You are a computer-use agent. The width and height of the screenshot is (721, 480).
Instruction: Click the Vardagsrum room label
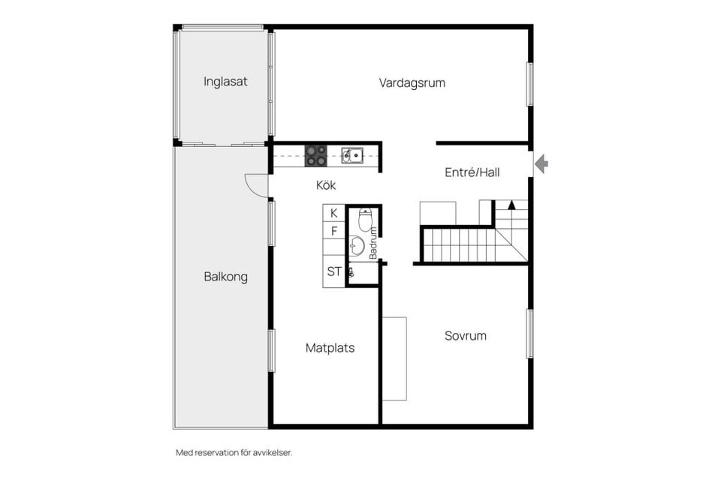(412, 82)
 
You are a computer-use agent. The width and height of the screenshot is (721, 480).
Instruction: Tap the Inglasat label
(225, 81)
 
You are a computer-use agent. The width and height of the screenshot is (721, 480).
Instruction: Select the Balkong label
(225, 277)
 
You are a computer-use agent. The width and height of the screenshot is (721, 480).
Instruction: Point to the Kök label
(325, 184)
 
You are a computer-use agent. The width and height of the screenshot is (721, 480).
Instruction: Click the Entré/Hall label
(472, 172)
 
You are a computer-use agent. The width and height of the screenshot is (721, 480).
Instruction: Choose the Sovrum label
(465, 335)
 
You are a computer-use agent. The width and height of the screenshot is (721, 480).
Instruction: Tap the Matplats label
(330, 348)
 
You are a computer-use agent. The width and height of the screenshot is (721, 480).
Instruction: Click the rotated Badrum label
(373, 242)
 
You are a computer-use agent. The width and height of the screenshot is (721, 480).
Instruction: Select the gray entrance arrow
(541, 163)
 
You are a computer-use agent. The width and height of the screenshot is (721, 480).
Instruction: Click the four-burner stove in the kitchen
(315, 155)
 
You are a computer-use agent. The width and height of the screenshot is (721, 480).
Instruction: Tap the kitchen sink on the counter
(351, 155)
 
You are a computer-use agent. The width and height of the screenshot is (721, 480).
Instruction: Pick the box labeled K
(333, 214)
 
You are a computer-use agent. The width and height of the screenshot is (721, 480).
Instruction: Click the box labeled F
(333, 231)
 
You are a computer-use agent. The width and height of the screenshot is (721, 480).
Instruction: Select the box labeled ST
(333, 271)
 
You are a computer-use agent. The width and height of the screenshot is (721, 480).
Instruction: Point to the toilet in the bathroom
(365, 219)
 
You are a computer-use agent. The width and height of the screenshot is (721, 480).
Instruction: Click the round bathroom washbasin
(357, 245)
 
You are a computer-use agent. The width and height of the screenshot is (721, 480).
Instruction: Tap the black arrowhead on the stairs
(511, 203)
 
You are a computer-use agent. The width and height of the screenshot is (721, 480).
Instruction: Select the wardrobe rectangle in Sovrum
(394, 358)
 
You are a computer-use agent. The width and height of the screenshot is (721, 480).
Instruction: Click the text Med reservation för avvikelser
(234, 452)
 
